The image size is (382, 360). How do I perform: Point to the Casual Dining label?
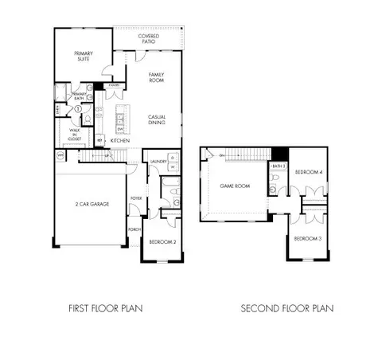156,119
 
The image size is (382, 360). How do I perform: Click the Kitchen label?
120,140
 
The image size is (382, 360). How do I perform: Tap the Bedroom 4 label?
308,173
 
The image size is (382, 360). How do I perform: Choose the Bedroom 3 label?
307,238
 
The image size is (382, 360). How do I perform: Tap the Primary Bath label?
79,96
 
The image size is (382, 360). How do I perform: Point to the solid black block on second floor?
279,154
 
